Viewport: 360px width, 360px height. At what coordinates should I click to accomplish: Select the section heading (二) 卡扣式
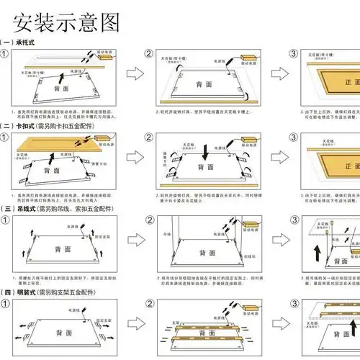(54, 125)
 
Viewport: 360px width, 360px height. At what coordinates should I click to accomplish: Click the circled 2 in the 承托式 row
(150, 54)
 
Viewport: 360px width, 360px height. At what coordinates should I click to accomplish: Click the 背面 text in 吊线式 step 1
(62, 250)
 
